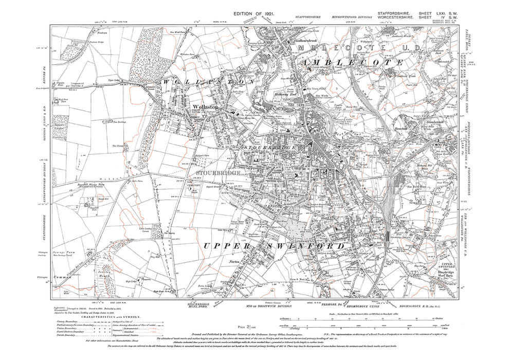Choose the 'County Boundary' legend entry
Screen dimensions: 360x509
(x=77, y=325)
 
